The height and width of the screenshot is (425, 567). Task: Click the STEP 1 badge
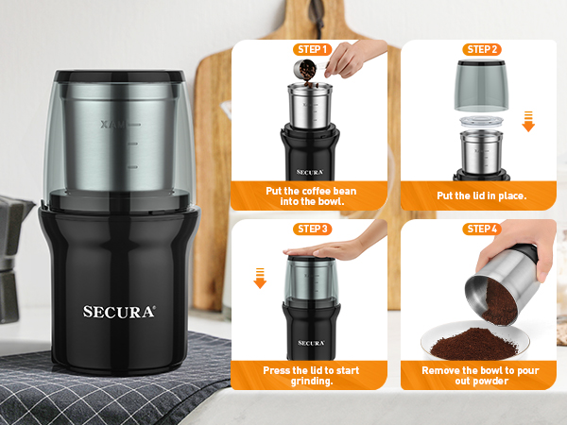coord(311,49)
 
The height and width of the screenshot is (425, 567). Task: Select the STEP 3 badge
coord(311,229)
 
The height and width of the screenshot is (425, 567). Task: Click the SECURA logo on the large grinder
coord(118,311)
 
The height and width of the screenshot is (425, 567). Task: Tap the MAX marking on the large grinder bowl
coord(112,124)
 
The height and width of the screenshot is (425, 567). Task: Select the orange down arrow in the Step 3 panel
coord(260,278)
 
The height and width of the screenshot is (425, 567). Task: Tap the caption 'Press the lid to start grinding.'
coord(313,375)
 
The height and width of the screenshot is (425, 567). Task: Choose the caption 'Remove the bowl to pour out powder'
coord(481,375)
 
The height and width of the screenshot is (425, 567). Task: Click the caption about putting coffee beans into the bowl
coord(312,195)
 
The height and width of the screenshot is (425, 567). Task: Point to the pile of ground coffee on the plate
coord(472,336)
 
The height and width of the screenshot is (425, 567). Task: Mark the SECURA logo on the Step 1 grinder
coord(311,171)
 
